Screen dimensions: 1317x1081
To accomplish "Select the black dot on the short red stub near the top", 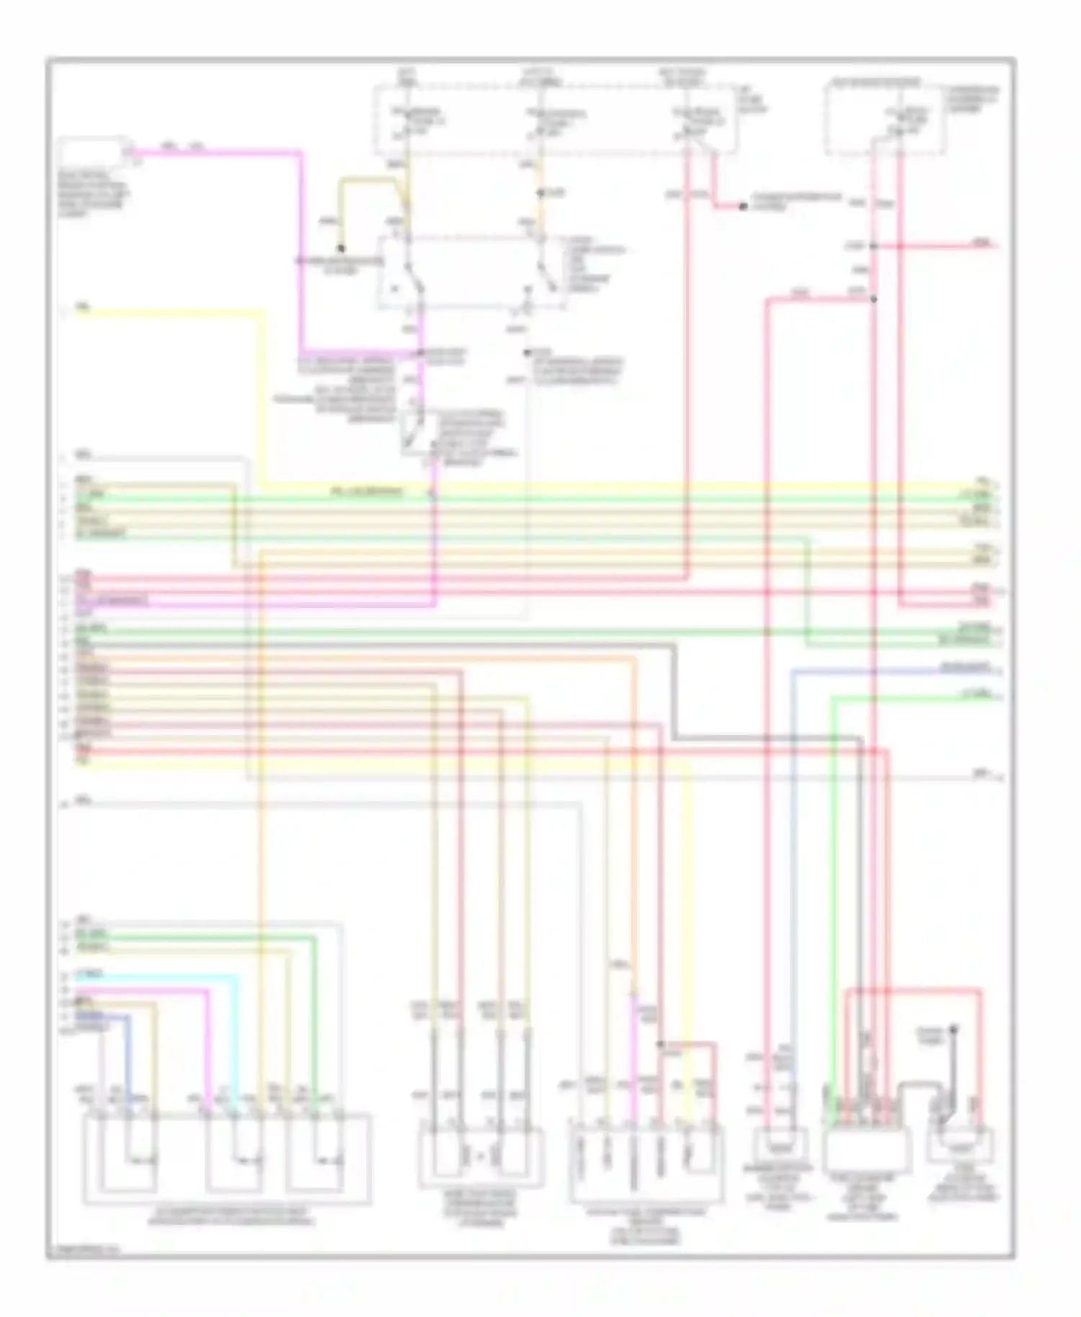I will (x=742, y=207).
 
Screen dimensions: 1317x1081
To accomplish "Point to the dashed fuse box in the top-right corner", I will (x=885, y=119).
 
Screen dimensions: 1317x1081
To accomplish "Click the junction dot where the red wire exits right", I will (x=873, y=246).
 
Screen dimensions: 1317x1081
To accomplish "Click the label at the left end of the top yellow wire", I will (x=83, y=308).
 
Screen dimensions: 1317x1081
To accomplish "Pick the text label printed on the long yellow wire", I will (x=368, y=493).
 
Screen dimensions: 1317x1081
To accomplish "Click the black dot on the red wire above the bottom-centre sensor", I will (x=660, y=1043).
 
